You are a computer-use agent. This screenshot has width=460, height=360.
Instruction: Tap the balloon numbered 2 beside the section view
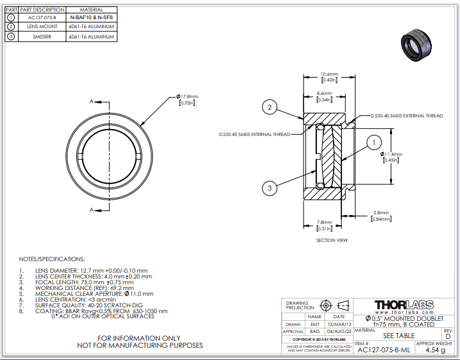[271, 108]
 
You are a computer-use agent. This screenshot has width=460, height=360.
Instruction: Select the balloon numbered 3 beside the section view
[271, 187]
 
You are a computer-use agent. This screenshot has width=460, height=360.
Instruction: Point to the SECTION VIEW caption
[332, 241]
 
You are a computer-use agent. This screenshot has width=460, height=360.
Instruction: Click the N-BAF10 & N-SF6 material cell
[92, 18]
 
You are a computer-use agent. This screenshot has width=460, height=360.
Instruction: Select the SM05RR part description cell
[42, 37]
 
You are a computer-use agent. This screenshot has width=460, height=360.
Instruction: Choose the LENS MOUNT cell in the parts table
[42, 27]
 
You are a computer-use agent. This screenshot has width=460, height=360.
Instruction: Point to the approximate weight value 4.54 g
[435, 350]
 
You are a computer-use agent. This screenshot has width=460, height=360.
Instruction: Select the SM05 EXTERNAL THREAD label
[407, 116]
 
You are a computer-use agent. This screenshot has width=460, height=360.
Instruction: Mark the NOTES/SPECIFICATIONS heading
[52, 259]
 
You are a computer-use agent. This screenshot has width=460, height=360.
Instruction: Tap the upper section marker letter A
[92, 101]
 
